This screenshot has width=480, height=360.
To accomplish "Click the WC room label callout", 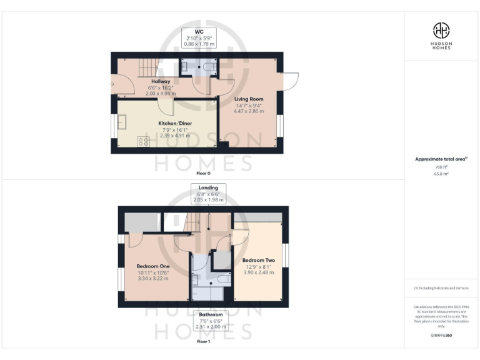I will (x=199, y=38).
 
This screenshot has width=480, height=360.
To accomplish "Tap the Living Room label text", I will (x=249, y=99).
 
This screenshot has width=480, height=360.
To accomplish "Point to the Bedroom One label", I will (x=153, y=266).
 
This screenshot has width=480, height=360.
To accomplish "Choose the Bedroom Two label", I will (x=258, y=260).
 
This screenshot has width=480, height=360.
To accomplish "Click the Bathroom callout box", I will (x=210, y=320).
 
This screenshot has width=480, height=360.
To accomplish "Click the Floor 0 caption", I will (x=204, y=173).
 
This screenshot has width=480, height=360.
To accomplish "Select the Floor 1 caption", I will (x=204, y=342).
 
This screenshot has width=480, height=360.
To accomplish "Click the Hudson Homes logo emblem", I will (x=441, y=29).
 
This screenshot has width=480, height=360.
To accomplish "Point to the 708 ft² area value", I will (x=441, y=167).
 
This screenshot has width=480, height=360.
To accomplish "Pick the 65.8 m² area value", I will (x=441, y=174).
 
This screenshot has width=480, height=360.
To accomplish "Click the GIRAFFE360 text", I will (x=441, y=336).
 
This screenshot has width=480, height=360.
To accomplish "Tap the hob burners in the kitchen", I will (x=143, y=141).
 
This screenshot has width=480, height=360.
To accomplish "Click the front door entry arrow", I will (x=113, y=84).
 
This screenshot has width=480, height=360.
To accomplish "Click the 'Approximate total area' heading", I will (x=441, y=159).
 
